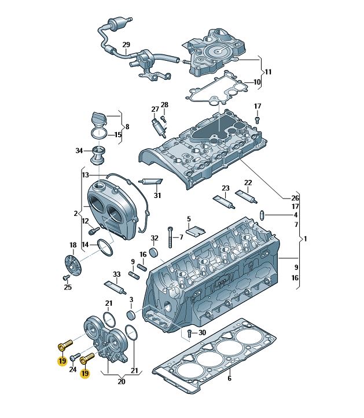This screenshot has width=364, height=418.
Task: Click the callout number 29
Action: [126, 45]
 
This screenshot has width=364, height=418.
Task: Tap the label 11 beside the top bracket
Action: [268, 72]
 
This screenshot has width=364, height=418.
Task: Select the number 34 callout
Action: [79, 151]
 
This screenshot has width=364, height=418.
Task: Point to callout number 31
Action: [157, 195]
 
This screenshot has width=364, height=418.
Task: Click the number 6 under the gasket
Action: [229, 378]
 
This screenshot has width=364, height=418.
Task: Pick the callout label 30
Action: [201, 333]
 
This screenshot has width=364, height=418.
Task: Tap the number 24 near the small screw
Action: [73, 369]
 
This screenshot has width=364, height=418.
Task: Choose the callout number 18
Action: [73, 245]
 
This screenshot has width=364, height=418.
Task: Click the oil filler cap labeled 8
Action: [99, 119]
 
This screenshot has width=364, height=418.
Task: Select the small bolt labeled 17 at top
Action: [258, 119]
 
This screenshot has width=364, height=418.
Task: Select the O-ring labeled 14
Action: [105, 247]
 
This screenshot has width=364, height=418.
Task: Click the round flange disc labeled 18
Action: [71, 263]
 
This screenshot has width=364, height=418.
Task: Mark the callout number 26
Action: [295, 197]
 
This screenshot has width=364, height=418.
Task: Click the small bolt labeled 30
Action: [189, 333]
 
